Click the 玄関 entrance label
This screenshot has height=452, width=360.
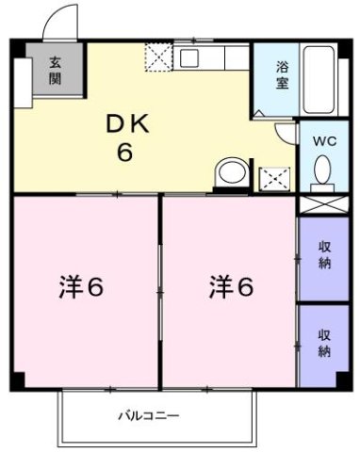click(55, 70)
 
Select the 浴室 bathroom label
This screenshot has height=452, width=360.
click(282, 73)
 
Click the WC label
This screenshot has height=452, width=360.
click(322, 140)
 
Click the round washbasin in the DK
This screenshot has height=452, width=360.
click(230, 173)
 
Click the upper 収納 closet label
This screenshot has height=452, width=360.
click(323, 256)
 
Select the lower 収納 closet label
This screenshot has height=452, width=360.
click(323, 343)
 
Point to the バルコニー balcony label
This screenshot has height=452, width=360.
click(148, 415)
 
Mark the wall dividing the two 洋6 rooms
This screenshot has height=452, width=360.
click(159, 292)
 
